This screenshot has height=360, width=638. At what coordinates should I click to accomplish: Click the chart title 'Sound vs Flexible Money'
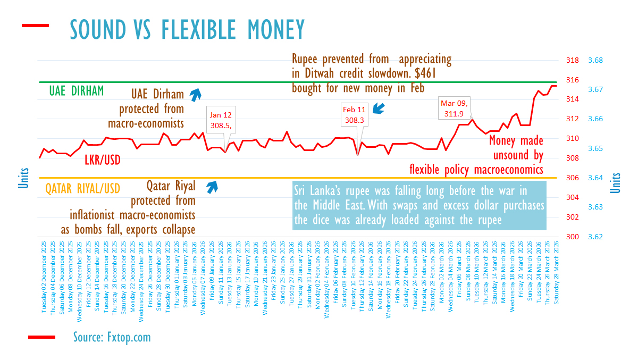(187, 29)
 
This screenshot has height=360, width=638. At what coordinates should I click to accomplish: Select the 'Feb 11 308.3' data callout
(355, 115)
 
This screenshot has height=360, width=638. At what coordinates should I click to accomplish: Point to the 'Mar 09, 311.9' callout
(455, 107)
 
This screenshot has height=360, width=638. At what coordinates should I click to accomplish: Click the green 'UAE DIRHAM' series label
(77, 91)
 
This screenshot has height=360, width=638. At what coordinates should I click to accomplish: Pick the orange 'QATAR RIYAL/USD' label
(82, 188)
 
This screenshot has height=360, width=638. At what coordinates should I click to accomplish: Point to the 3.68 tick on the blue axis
(595, 60)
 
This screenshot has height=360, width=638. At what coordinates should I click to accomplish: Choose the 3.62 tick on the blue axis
(595, 236)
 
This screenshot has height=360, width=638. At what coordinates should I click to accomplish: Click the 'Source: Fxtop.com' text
(112, 337)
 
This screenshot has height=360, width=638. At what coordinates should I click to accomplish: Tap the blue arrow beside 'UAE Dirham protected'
(196, 95)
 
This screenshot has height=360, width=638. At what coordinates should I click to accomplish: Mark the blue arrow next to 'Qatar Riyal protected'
(212, 186)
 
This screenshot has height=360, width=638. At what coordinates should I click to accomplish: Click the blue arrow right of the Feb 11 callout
(379, 109)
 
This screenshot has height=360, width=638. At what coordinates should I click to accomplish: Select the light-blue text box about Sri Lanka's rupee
(419, 205)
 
